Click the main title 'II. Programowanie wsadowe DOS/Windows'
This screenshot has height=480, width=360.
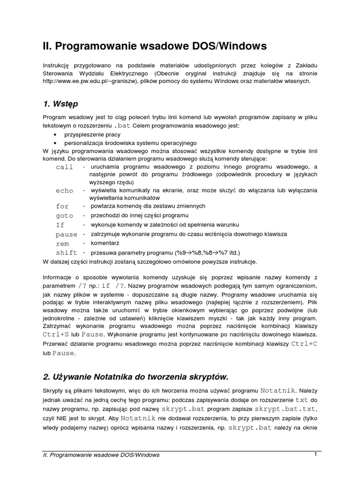point(154,46)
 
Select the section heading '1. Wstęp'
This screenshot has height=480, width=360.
point(60,103)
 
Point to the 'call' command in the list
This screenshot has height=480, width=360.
point(65,167)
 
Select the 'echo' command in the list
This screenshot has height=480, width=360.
point(65,191)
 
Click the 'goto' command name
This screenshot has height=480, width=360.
point(65,216)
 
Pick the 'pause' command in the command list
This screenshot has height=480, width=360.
point(66,234)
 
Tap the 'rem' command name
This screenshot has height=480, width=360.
point(62,244)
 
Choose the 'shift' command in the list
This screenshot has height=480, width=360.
point(66,253)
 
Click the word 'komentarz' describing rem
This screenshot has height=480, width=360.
point(105,243)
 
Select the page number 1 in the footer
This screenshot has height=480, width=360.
point(316,454)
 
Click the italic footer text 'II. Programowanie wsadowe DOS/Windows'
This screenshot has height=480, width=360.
point(101,455)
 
